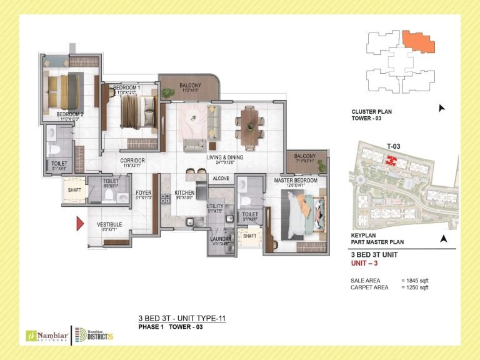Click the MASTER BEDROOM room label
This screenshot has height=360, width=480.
tap(296, 180)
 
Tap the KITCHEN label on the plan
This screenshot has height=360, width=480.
tap(185, 192)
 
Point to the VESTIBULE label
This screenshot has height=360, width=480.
tap(109, 224)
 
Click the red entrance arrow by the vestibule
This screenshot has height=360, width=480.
tap(80, 224)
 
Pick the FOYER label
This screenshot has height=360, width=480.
tap(144, 192)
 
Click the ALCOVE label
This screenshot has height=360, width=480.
tap(221, 178)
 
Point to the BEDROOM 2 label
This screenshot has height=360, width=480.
tap(70, 114)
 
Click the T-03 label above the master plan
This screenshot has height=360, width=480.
tap(393, 146)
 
